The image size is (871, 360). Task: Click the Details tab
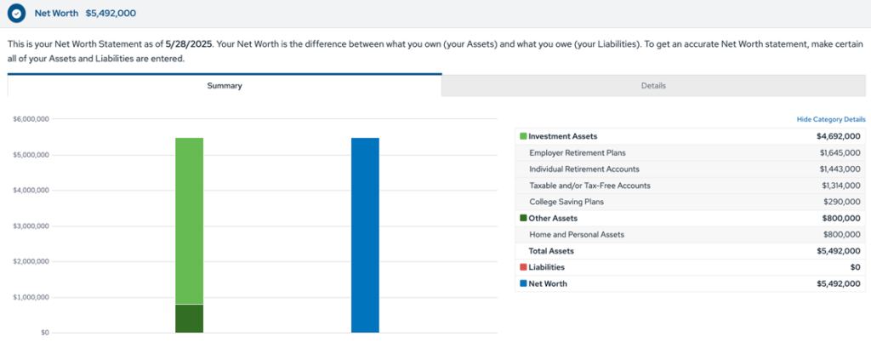(653, 85)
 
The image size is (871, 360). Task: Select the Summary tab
(225, 85)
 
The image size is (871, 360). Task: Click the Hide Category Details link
(831, 120)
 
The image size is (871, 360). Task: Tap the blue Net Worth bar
(365, 235)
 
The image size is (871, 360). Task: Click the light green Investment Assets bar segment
(189, 220)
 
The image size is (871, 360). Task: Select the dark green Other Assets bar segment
(189, 318)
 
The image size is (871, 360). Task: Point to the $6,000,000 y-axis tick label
(31, 119)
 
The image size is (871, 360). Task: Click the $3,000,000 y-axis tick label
(31, 226)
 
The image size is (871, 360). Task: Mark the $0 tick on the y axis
(44, 333)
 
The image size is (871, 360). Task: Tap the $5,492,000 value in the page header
(111, 14)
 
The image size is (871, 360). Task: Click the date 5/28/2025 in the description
(192, 43)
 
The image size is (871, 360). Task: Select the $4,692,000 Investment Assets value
(838, 136)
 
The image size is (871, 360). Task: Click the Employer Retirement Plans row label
(577, 152)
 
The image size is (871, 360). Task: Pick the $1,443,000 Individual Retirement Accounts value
(840, 169)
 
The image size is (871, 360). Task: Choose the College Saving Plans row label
(565, 202)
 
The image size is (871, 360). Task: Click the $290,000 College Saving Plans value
(842, 202)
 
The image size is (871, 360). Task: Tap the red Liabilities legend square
(523, 267)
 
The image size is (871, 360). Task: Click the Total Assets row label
(551, 251)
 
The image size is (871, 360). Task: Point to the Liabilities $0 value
(855, 267)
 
